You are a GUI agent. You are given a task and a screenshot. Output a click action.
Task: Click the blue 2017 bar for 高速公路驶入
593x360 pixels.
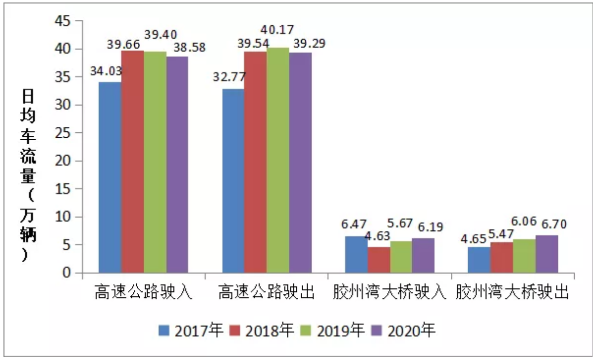coord(110,177)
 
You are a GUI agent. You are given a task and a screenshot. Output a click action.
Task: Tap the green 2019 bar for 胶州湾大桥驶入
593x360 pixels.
coord(400,257)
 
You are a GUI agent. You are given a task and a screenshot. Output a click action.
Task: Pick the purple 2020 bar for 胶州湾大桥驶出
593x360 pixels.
coord(547,254)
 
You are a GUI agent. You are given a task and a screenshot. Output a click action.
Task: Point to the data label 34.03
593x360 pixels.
coord(106,71)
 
